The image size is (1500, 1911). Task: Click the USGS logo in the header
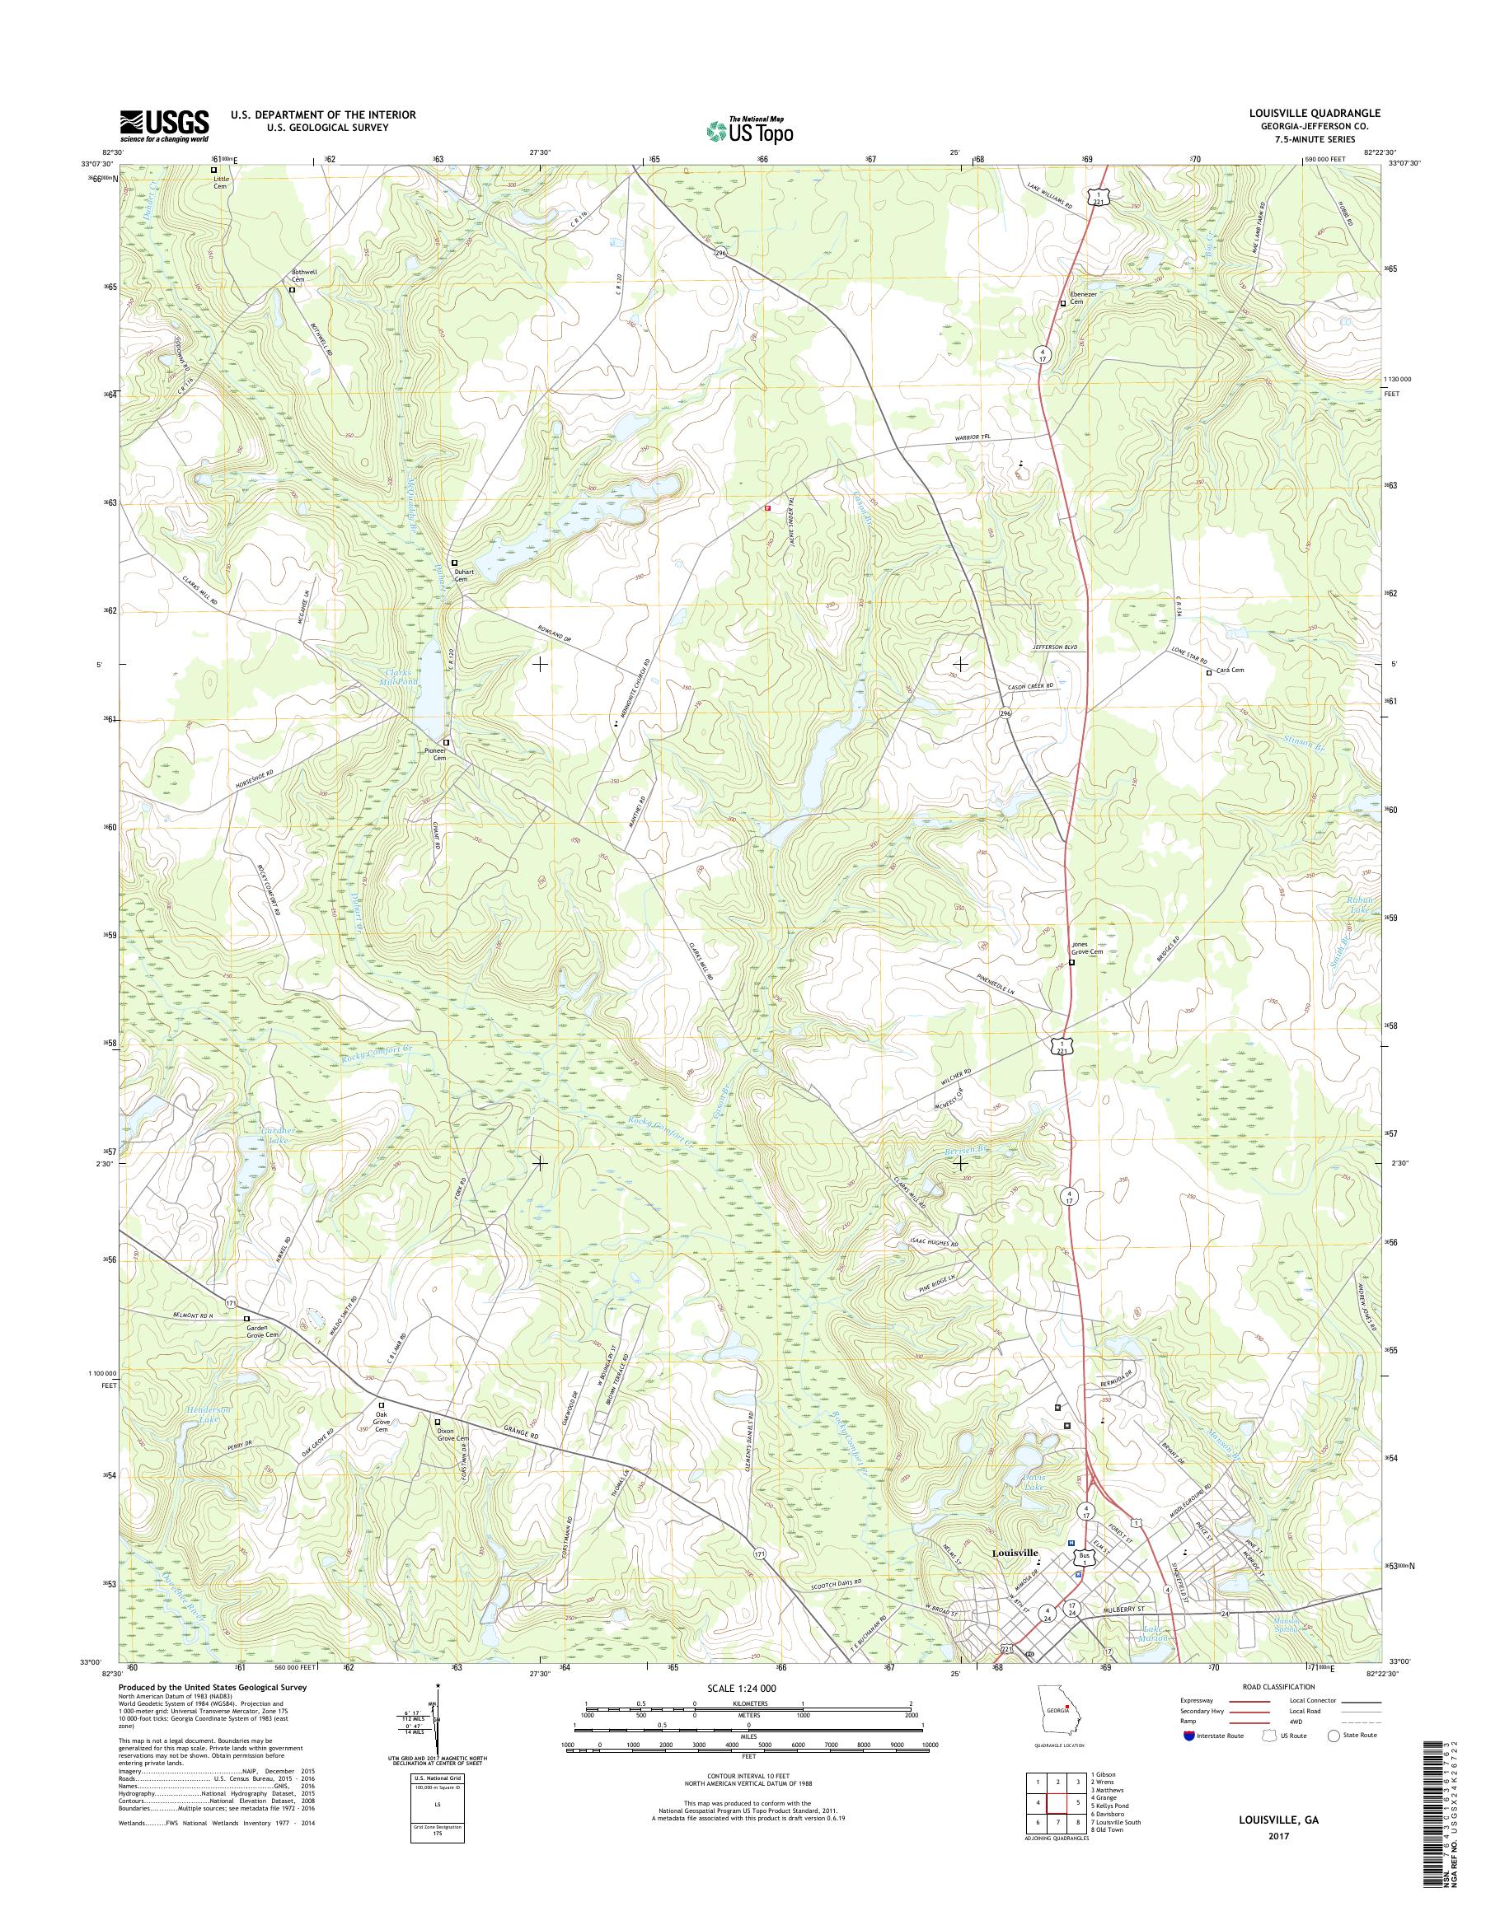pos(164,125)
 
